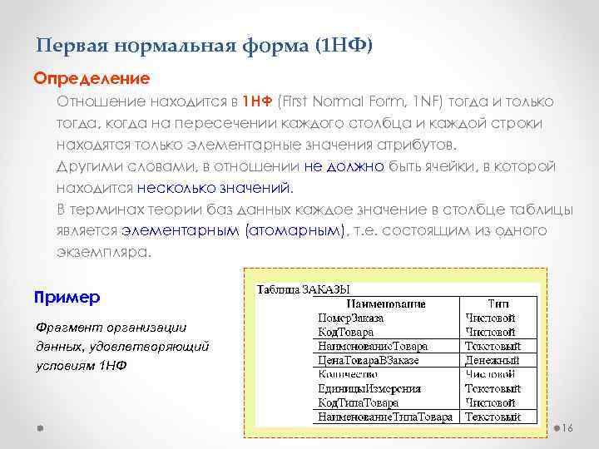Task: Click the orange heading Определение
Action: point(92,79)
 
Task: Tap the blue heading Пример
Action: point(67,297)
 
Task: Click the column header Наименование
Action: point(386,304)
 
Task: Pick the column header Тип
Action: point(498,304)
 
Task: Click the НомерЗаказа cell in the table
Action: point(351,318)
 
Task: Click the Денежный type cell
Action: point(492,360)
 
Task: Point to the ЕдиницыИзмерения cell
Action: point(369,388)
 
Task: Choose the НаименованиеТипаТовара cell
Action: point(385,417)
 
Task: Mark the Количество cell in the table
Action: point(348,374)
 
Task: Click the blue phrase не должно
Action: point(344,166)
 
